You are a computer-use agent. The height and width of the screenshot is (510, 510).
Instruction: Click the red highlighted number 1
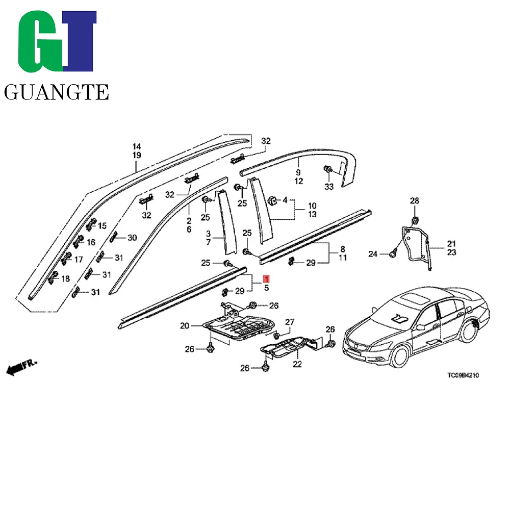[266, 279]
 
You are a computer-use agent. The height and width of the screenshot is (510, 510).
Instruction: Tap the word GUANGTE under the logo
[56, 92]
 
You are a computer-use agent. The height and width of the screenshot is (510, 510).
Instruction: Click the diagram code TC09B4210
[464, 375]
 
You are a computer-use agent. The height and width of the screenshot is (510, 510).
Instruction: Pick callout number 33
[329, 187]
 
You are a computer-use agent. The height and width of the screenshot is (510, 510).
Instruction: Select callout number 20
[184, 325]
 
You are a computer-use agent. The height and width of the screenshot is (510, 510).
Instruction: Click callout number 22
[297, 364]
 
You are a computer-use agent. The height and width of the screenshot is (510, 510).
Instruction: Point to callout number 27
[290, 322]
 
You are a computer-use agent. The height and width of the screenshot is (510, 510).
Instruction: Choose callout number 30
[132, 238]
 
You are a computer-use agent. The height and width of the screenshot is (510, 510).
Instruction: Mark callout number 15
[102, 226]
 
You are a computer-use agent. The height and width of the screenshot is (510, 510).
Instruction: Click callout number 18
[66, 278]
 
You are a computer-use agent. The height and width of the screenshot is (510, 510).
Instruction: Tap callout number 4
[285, 200]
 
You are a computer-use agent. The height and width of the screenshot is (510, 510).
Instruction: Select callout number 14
[137, 146]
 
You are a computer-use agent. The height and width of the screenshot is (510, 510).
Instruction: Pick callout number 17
[79, 260]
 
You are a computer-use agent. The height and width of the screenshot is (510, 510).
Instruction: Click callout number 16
[91, 242]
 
